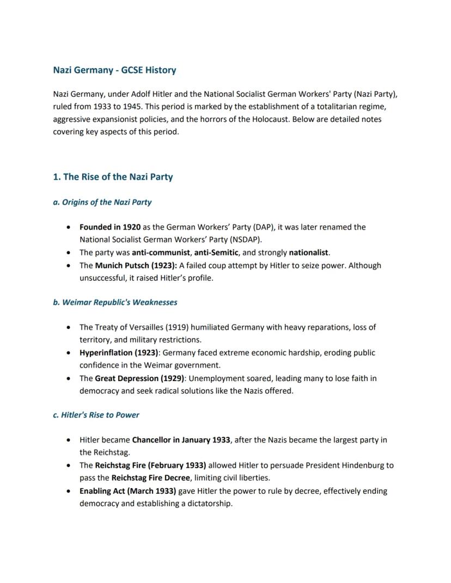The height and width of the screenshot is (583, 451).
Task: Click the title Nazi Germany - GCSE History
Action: point(114,70)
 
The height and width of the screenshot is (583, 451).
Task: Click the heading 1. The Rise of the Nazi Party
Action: point(113,177)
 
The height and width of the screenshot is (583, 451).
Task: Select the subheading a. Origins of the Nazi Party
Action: point(102,202)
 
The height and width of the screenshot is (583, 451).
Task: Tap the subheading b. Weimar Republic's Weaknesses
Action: point(115,302)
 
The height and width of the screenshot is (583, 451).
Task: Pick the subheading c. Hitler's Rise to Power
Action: point(96,415)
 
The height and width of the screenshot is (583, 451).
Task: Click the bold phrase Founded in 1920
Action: point(109,227)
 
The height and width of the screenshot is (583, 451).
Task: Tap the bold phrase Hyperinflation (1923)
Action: point(119,353)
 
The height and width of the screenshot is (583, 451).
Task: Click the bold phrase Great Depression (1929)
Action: point(139,378)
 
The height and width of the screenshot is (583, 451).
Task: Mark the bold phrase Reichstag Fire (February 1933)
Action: point(150,465)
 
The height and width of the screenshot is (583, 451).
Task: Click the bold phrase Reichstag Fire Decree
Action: point(151,478)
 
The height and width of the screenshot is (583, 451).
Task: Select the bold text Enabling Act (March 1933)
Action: point(127,491)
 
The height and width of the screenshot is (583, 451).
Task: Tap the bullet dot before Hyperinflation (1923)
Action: point(68,353)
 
